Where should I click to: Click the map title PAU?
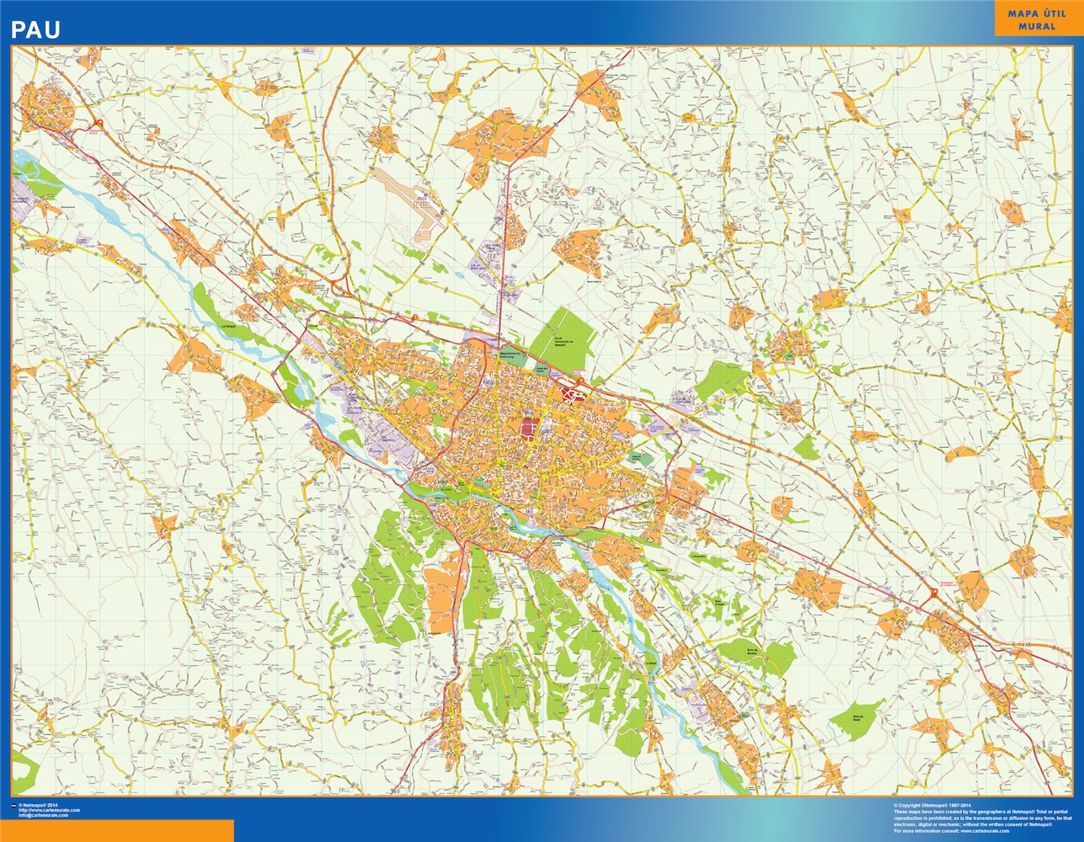tap(35, 30)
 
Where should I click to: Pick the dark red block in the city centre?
tap(529, 428)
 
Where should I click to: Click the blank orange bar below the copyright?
tap(117, 830)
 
